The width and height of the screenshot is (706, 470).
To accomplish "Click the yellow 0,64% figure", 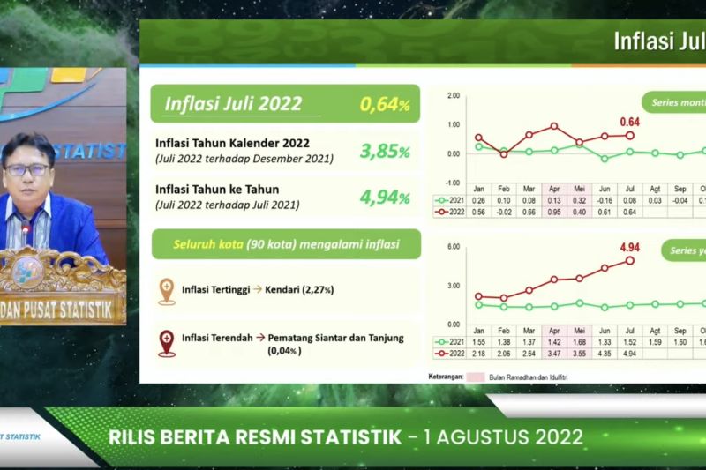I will point(385,104).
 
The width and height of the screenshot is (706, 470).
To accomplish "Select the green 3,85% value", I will point(385,151).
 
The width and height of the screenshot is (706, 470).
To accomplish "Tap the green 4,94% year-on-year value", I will point(385,196).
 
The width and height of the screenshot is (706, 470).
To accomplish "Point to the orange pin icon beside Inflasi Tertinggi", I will point(166,291).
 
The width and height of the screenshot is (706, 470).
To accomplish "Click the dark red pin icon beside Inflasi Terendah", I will point(166,342).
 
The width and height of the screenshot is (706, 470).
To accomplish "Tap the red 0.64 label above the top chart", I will point(629,122).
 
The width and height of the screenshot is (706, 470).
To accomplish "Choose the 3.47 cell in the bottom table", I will point(553,354).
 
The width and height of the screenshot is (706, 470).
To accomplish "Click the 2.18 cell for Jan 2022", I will point(478,354).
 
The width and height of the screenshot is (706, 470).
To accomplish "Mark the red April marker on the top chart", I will point(554,126).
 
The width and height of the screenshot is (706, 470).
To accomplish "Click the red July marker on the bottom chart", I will point(629,260).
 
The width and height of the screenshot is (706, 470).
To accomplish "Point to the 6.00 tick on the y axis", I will point(454,246).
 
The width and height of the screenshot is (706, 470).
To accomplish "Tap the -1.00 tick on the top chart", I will point(454,183).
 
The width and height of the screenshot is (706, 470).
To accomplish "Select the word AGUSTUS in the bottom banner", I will point(500,437).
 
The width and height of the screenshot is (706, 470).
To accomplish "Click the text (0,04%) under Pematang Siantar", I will point(284,351).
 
